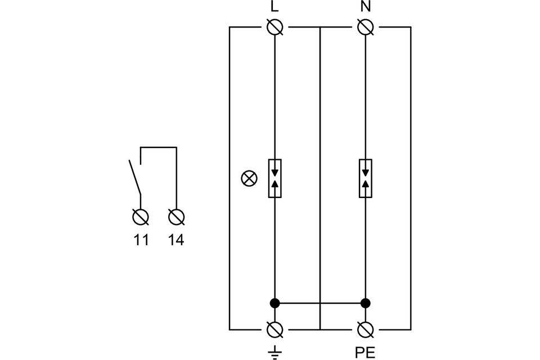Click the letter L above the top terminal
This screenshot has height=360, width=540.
(274, 8)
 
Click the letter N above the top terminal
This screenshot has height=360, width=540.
(366, 8)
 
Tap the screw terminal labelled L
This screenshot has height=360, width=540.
(274, 26)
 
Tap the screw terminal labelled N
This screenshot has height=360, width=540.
(366, 26)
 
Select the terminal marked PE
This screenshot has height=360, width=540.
(366, 329)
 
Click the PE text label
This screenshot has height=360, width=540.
(365, 353)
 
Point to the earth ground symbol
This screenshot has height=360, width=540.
(274, 352)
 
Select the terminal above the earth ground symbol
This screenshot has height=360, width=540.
(274, 329)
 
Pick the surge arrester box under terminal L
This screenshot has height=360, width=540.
(274, 179)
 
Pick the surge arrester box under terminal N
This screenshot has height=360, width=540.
(366, 179)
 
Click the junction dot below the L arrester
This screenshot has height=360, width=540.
(274, 303)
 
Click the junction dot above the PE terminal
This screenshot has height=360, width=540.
(366, 303)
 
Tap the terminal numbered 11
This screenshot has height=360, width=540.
(141, 217)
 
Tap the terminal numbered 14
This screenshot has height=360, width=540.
(177, 217)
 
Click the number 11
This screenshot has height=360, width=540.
(141, 240)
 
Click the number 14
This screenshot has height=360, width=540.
(176, 240)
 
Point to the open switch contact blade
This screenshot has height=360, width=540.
(134, 177)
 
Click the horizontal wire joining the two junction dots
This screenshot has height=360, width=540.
(319, 303)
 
